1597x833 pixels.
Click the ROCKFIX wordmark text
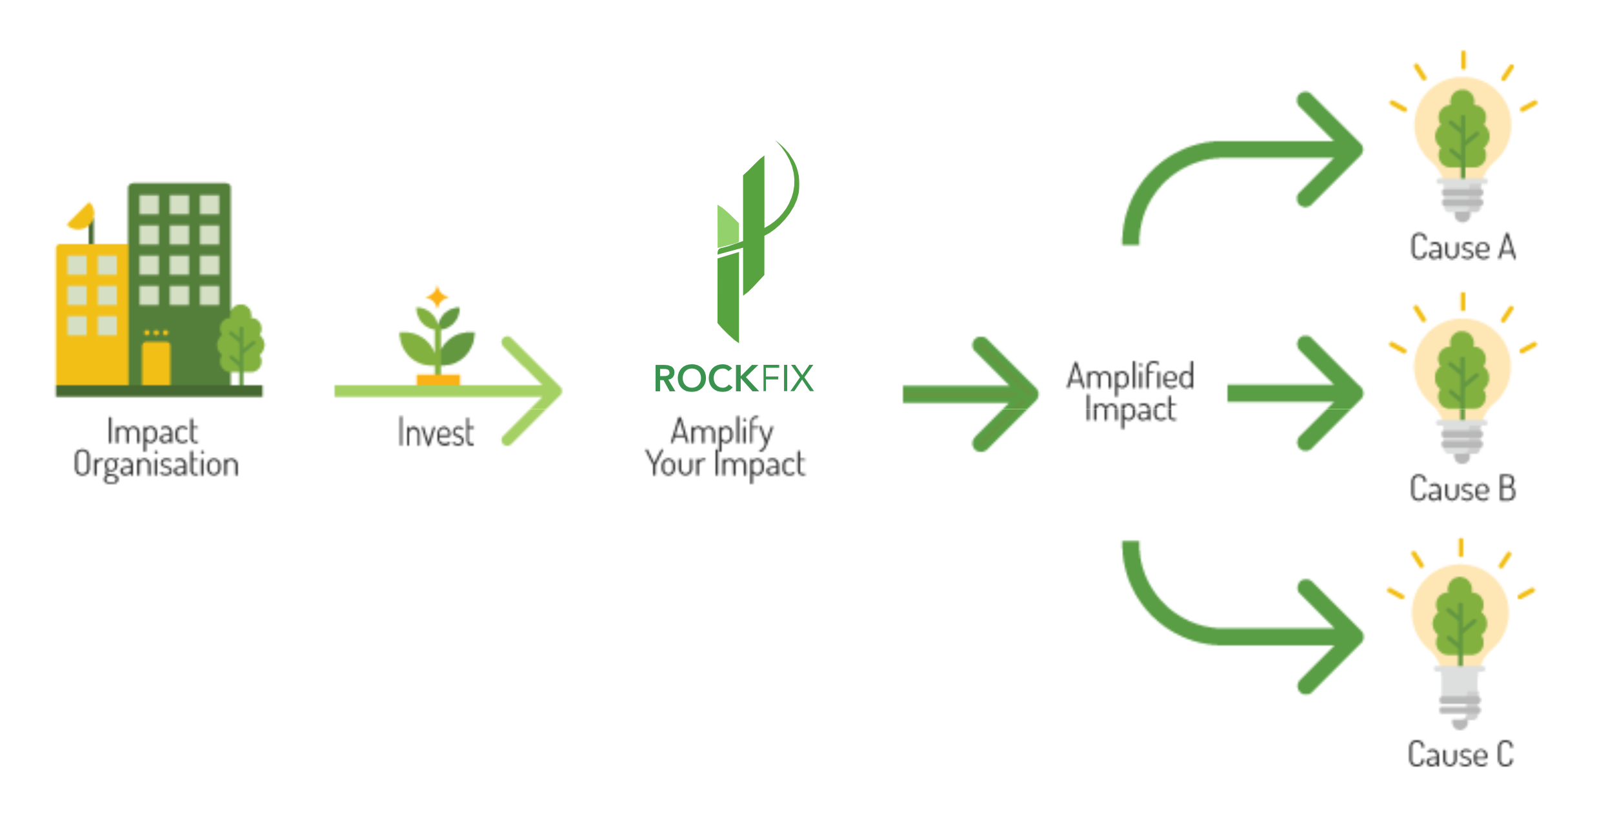point(734,378)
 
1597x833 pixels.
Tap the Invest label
point(436,433)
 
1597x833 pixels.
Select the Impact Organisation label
point(155,448)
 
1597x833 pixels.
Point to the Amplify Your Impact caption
point(725,448)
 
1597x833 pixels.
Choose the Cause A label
point(1462,247)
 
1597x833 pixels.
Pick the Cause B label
point(1462,488)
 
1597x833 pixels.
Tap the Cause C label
point(1461,754)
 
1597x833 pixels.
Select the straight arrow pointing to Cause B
point(1297,393)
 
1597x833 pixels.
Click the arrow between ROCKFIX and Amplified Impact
point(971,394)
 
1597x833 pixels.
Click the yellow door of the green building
point(156,363)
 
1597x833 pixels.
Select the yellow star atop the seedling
point(437,297)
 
